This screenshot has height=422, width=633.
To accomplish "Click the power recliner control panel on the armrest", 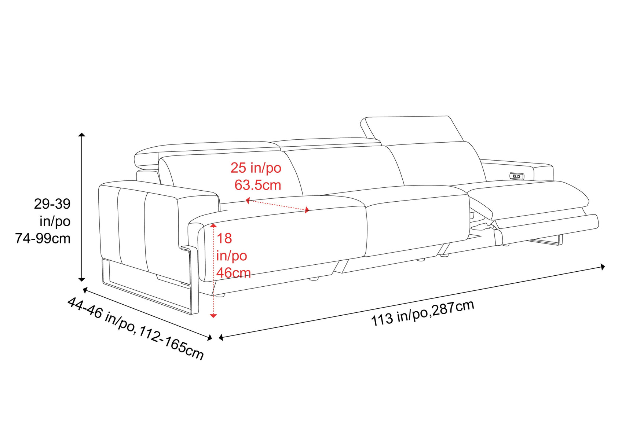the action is click(516, 176).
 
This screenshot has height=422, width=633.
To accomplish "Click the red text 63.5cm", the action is click(258, 185).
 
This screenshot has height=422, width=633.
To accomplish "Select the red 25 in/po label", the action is click(256, 168).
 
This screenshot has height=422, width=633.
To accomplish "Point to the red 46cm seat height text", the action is click(233, 273).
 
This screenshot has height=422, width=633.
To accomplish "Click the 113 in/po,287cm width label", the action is click(422, 313).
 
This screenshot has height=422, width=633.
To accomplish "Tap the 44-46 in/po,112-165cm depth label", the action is click(136, 328).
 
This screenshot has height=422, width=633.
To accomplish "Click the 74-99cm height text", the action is click(43, 239).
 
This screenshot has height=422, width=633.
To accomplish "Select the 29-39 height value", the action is click(52, 204).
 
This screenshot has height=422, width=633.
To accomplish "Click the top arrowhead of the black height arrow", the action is click(82, 135).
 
